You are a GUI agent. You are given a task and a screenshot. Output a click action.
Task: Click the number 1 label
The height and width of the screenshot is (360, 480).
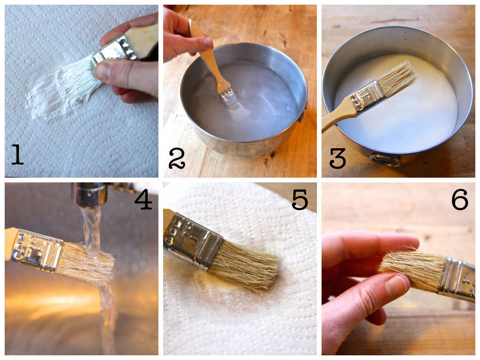[x=17, y=154]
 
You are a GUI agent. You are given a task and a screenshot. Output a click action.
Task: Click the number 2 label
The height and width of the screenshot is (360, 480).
[x=177, y=158]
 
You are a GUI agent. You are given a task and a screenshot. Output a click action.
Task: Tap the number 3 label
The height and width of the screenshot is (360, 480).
[x=337, y=158]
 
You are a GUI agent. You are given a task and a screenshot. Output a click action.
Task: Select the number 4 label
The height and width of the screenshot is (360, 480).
[x=143, y=199]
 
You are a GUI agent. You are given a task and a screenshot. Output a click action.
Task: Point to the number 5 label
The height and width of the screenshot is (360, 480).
[x=300, y=199]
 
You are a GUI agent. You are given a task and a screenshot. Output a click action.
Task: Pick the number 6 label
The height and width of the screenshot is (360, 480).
[x=459, y=199]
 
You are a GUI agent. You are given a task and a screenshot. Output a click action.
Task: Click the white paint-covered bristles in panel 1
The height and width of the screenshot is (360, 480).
[x=77, y=82]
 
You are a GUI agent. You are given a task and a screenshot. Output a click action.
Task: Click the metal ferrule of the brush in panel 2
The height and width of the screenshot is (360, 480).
[x=228, y=97]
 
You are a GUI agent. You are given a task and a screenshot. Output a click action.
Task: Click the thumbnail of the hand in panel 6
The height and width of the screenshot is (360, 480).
[x=397, y=285]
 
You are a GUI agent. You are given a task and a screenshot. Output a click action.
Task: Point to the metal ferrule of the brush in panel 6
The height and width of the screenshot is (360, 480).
[x=457, y=278]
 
